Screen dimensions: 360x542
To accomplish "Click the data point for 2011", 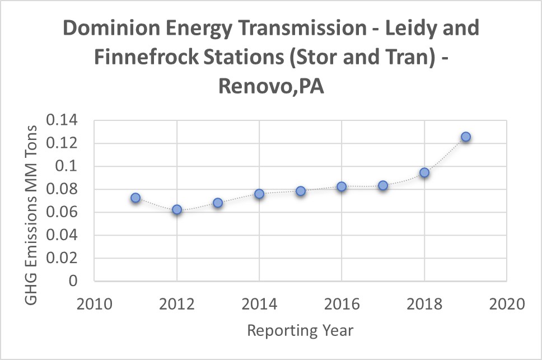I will coord(135,198).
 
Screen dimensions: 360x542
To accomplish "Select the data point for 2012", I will coord(177,209).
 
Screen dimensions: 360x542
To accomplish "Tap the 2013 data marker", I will coord(218,203).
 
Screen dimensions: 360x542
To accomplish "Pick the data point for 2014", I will coord(259,194).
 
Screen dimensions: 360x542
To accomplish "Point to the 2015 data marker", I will coord(301,191).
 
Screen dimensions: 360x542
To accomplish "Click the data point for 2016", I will coord(342,186).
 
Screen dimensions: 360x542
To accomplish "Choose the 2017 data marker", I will coord(383,185).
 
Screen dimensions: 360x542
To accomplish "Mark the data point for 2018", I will coord(424,172).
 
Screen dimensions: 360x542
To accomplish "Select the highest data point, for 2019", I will coord(466,137).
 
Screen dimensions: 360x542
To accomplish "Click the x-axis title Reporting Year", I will coord(300,330).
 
